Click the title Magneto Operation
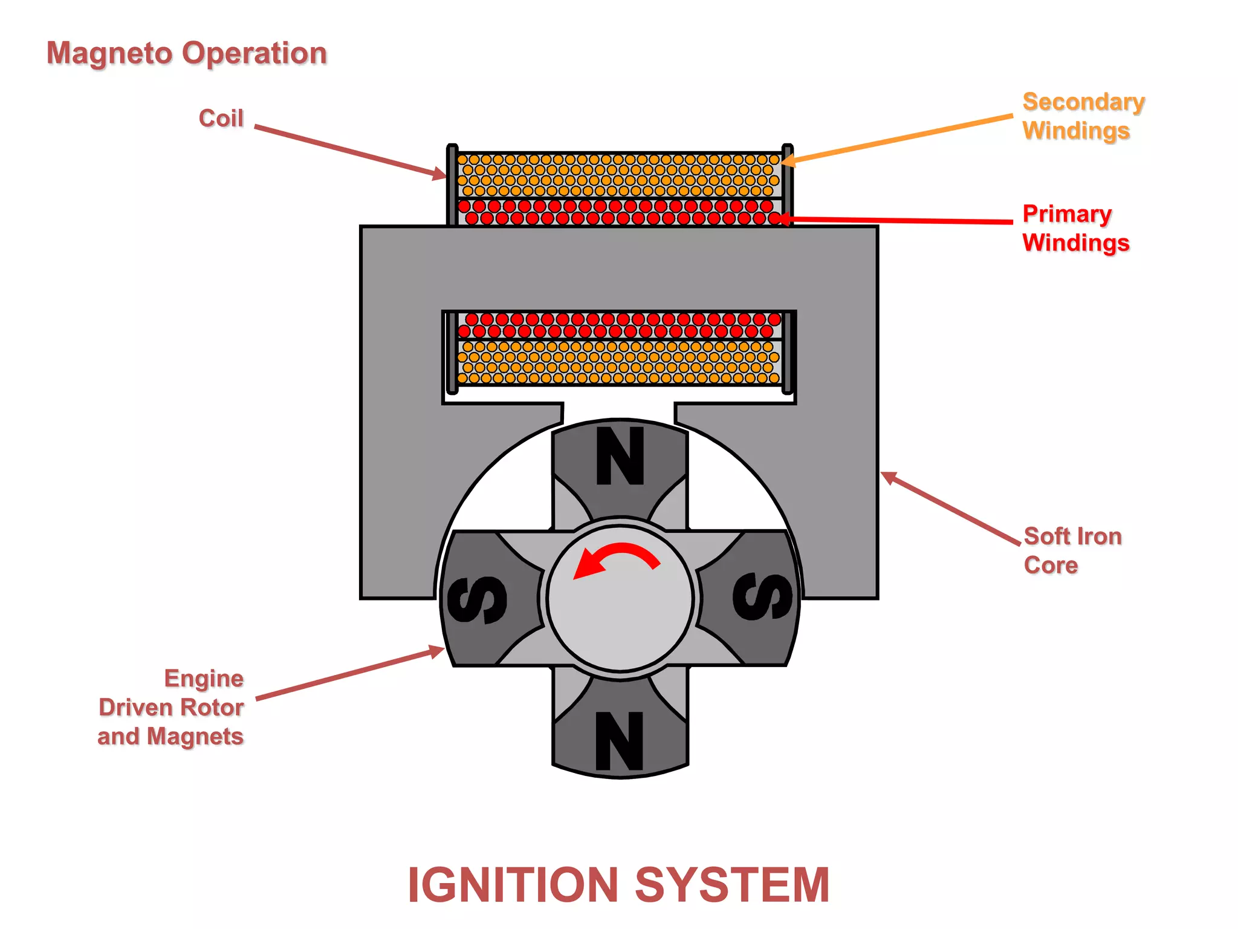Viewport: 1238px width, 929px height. pyautogui.click(x=187, y=53)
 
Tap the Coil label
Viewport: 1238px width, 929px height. pyautogui.click(x=221, y=118)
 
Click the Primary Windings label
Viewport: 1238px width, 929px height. pyautogui.click(x=1075, y=228)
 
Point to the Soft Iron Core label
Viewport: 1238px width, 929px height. pyautogui.click(x=1072, y=550)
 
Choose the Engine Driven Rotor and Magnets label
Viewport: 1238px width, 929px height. pyautogui.click(x=172, y=707)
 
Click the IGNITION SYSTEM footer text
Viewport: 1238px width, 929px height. pyautogui.click(x=618, y=884)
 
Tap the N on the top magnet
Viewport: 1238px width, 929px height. pyautogui.click(x=620, y=456)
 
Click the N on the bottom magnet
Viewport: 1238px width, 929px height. pyautogui.click(x=620, y=740)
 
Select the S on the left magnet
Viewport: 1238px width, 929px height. pyautogui.click(x=477, y=599)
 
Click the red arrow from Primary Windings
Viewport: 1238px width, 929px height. pyautogui.click(x=901, y=220)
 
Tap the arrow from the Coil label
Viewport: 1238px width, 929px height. pyautogui.click(x=351, y=152)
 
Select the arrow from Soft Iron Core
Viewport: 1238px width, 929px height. pyautogui.click(x=949, y=508)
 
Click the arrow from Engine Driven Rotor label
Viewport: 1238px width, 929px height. pyautogui.click(x=351, y=674)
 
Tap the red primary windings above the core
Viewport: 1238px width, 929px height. pyautogui.click(x=620, y=212)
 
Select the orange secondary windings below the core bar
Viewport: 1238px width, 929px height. pyautogui.click(x=620, y=362)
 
